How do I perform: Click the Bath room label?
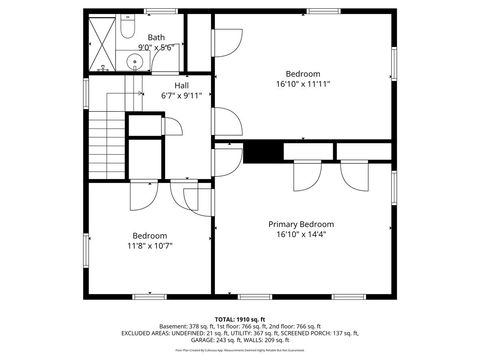[156, 37]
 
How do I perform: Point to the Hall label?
[182, 86]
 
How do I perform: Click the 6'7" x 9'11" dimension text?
[182, 96]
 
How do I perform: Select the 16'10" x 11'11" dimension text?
[303, 85]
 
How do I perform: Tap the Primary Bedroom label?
[301, 224]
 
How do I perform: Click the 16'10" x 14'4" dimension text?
[301, 235]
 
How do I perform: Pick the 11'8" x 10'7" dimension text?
[150, 246]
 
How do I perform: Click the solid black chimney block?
[263, 151]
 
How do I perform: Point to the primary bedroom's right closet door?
[355, 174]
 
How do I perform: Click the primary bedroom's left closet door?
[302, 174]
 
